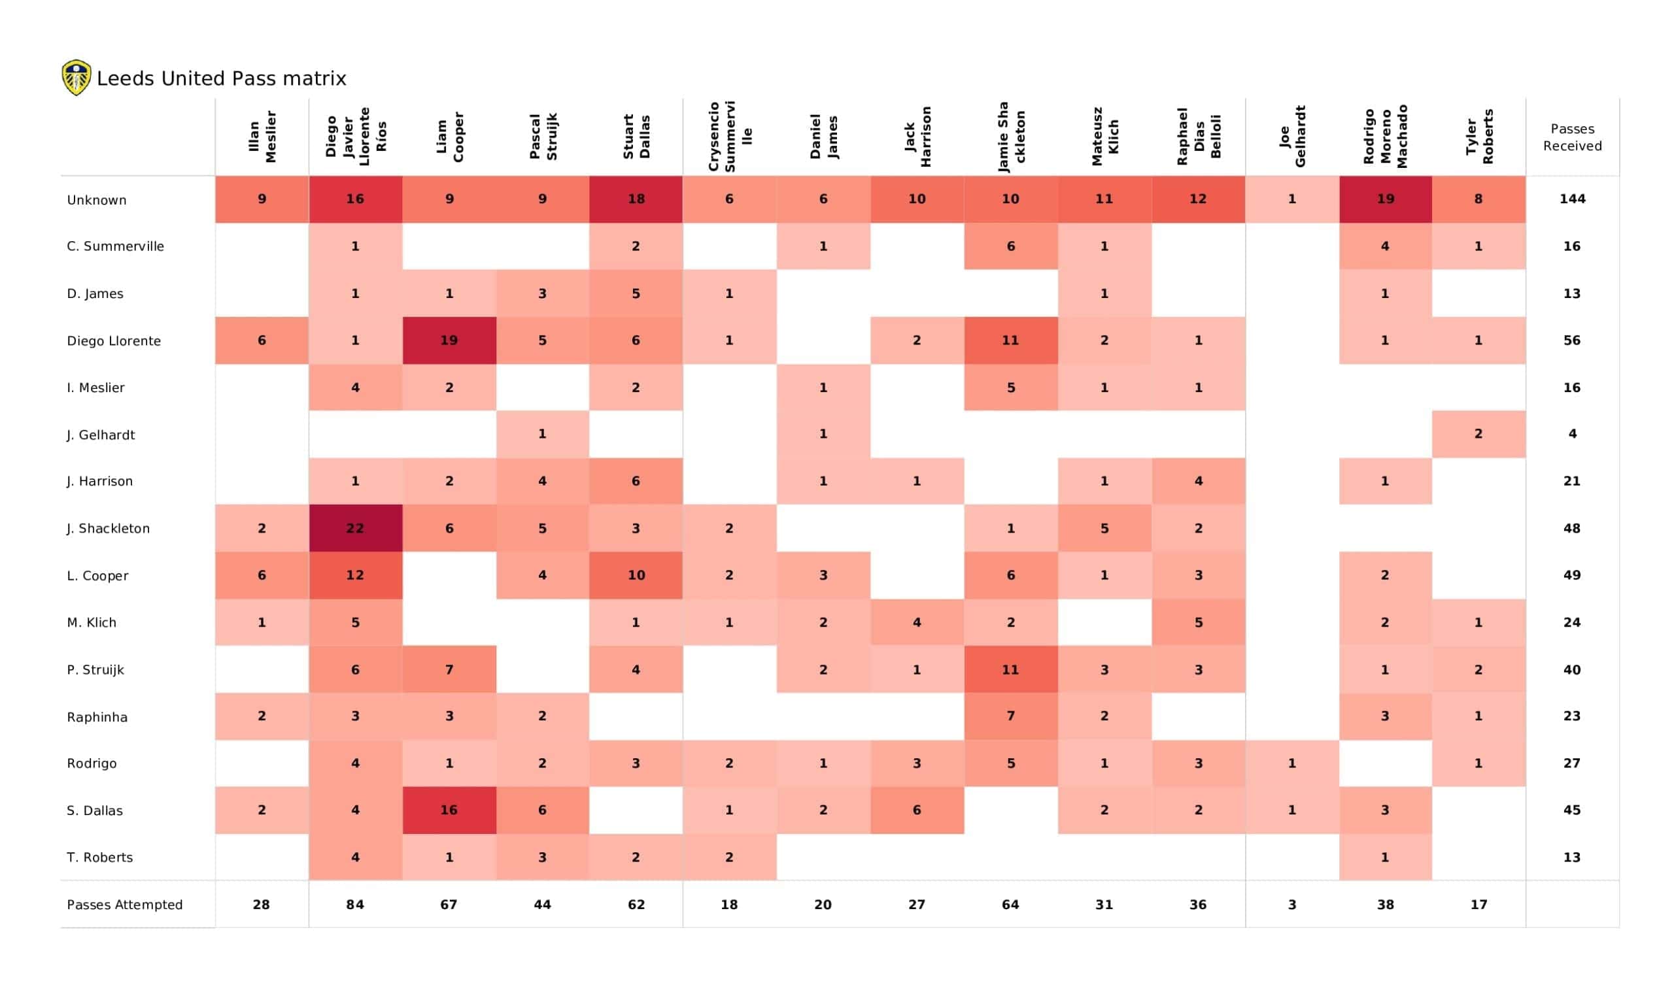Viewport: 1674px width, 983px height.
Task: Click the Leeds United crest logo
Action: click(77, 78)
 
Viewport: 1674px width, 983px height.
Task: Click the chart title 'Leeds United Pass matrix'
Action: click(221, 79)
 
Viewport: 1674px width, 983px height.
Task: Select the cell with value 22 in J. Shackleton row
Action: click(354, 528)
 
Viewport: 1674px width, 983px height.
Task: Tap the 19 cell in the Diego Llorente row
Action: click(449, 340)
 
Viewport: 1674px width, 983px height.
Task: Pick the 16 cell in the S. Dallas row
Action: click(449, 810)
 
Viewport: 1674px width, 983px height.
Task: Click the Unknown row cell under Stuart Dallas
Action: click(636, 199)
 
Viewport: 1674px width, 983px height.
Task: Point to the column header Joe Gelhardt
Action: click(1292, 136)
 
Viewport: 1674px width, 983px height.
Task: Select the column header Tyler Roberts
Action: click(1478, 136)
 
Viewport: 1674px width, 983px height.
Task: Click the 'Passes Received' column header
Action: click(1572, 137)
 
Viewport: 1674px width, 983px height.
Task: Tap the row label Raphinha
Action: click(97, 716)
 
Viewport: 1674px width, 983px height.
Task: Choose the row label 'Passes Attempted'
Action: click(124, 905)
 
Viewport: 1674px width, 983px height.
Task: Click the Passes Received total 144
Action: click(1572, 199)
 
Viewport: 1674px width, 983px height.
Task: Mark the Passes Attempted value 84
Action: click(354, 905)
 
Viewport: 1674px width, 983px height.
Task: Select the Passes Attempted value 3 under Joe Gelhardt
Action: click(1292, 905)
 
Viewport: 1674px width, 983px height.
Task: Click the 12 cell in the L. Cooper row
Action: click(354, 575)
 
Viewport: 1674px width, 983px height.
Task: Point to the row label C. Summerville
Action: click(115, 246)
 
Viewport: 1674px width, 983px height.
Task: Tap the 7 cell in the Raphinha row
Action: click(1010, 716)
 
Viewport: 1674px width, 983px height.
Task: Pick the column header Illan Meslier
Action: click(262, 136)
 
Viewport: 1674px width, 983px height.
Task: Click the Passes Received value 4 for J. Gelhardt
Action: click(1572, 434)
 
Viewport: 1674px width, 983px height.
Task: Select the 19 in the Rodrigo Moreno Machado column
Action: click(1385, 199)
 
